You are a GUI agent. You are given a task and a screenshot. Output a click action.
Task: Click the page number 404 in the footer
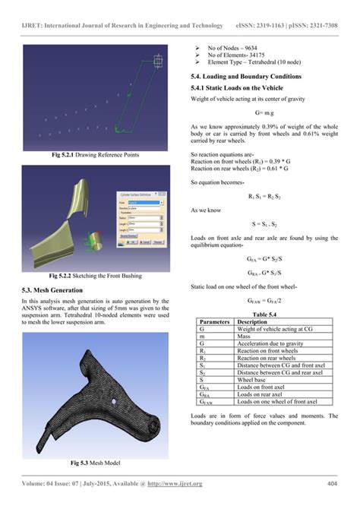coord(331,483)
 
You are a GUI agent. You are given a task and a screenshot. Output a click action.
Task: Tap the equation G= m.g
coord(264,113)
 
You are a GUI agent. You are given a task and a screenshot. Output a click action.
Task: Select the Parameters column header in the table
coord(213,321)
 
